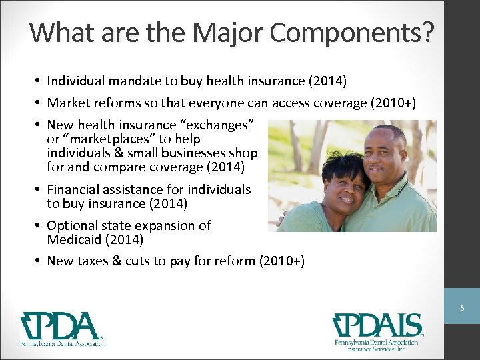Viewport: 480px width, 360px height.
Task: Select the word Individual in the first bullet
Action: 75,81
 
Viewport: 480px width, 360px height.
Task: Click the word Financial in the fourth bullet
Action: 74,189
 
